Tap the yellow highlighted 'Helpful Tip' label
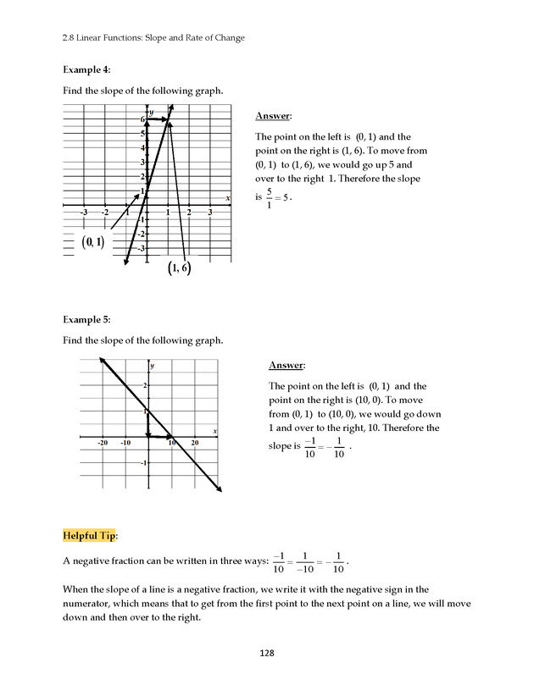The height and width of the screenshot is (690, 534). pos(91,535)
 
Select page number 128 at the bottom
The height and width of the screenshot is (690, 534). pos(267,653)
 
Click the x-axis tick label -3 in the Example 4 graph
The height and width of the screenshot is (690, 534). pos(84,212)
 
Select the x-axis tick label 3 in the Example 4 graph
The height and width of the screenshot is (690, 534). pos(210,212)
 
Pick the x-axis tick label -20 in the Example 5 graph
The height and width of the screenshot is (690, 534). pos(102,443)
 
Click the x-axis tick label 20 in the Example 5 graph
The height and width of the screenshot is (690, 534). pos(195,443)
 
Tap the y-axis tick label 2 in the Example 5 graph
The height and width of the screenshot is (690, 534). pos(144,385)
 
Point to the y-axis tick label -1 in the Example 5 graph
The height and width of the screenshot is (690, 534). pos(143,463)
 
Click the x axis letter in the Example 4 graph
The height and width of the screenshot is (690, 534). pos(228,198)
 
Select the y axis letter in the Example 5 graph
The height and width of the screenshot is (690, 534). pos(153,366)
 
